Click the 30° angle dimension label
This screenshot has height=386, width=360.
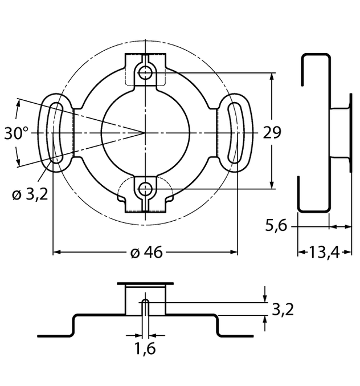pyautogui.click(x=17, y=134)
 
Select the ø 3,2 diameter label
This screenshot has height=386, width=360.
pyautogui.click(x=30, y=194)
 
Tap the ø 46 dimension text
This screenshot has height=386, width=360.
pyautogui.click(x=146, y=253)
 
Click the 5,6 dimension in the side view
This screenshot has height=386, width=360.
pyautogui.click(x=276, y=226)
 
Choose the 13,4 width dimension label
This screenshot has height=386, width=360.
pyautogui.click(x=324, y=251)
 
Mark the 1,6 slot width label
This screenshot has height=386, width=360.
pyautogui.click(x=146, y=348)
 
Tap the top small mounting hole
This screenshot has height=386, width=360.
pyautogui.click(x=146, y=72)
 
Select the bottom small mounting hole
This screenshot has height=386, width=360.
pyautogui.click(x=146, y=188)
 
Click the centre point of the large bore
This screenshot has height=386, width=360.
pyautogui.click(x=146, y=132)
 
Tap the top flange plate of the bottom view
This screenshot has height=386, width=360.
pyautogui.click(x=145, y=283)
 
